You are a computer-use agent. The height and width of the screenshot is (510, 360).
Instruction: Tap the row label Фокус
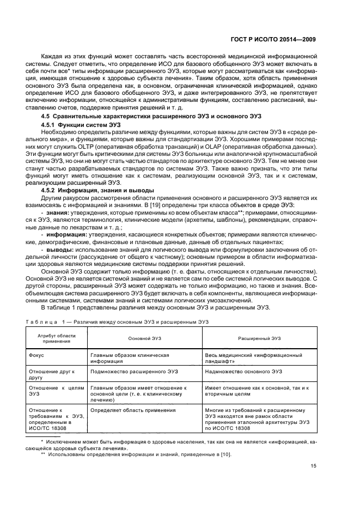pos(37,355)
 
